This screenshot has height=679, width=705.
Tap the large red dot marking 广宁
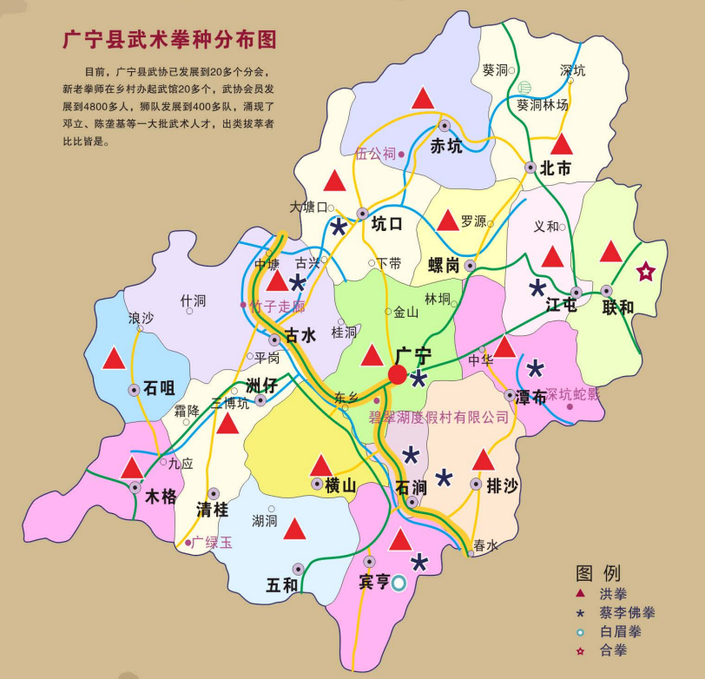(398, 374)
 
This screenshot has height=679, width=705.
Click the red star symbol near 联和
(646, 272)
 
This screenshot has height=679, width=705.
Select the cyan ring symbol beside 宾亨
(399, 583)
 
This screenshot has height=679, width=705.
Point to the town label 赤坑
(446, 146)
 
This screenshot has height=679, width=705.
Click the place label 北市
(555, 168)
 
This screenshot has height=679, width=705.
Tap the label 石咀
(160, 389)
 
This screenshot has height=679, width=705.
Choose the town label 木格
(161, 498)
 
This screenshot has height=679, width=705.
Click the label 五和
(282, 585)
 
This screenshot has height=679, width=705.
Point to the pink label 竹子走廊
(277, 306)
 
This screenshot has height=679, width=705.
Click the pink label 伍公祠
(375, 154)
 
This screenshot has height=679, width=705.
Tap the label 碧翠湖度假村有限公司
(439, 418)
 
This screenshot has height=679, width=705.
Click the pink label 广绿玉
(214, 543)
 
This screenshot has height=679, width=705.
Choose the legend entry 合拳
(612, 649)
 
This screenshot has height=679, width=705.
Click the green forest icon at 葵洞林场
(524, 88)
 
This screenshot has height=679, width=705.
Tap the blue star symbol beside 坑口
(338, 226)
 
